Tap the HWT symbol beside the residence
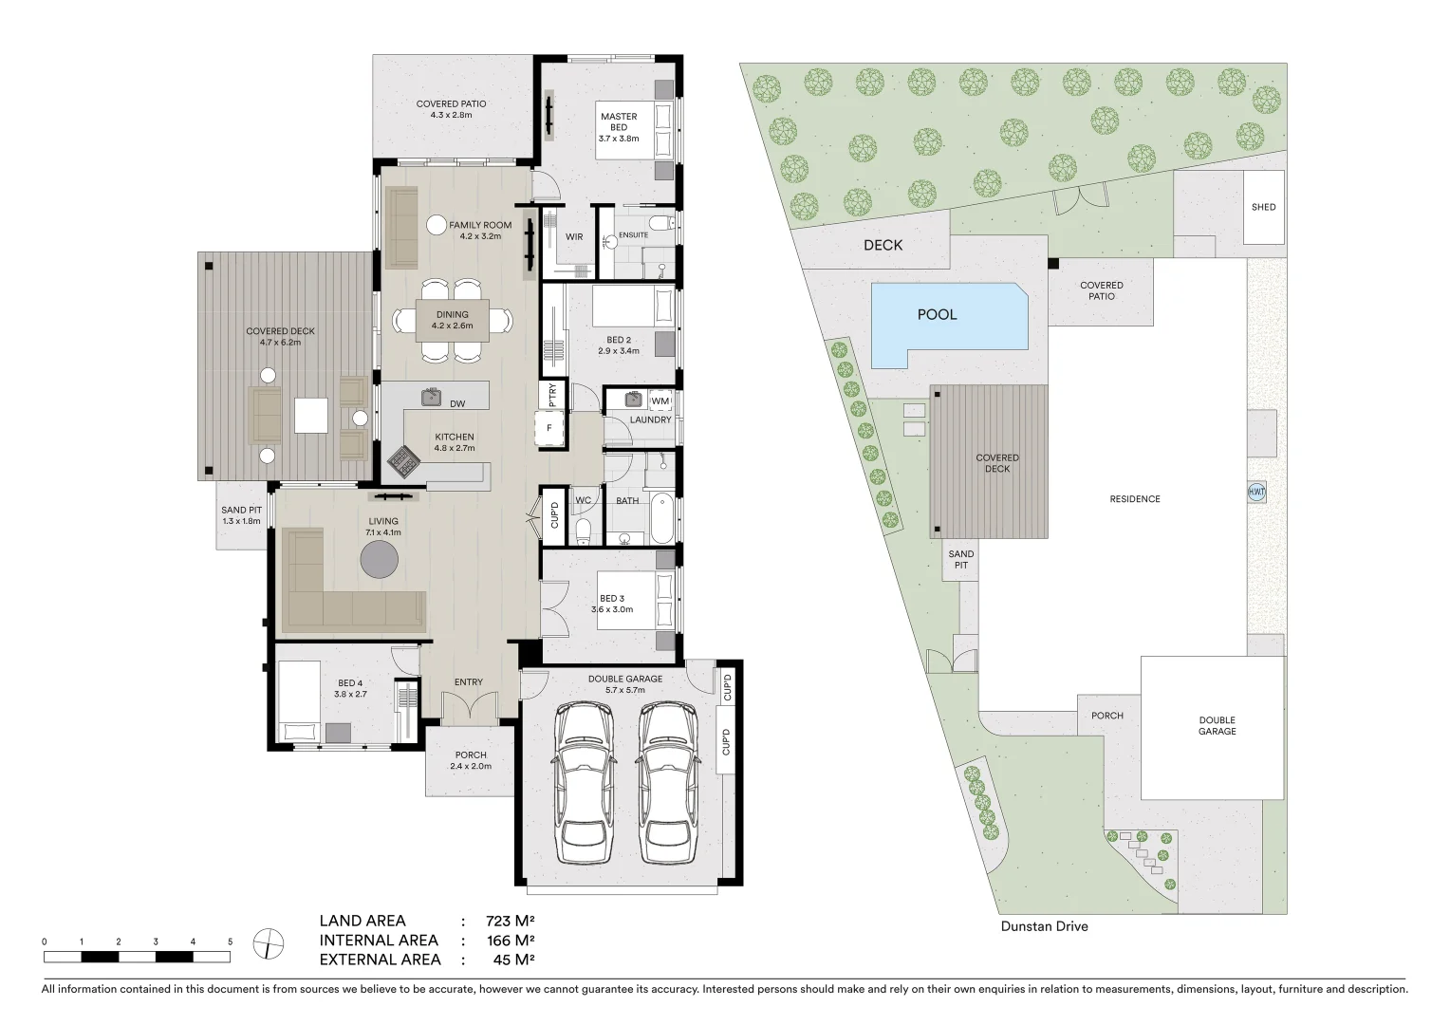click(1256, 493)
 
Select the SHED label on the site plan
click(1263, 207)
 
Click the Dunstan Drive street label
click(1044, 926)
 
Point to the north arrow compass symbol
click(269, 943)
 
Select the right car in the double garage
click(666, 784)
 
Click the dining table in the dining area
click(453, 320)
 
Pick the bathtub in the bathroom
click(661, 517)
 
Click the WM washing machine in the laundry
click(660, 401)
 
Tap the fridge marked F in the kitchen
click(549, 428)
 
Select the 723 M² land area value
click(511, 921)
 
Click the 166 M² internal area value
click(511, 941)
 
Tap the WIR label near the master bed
click(574, 237)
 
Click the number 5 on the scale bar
click(230, 941)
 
